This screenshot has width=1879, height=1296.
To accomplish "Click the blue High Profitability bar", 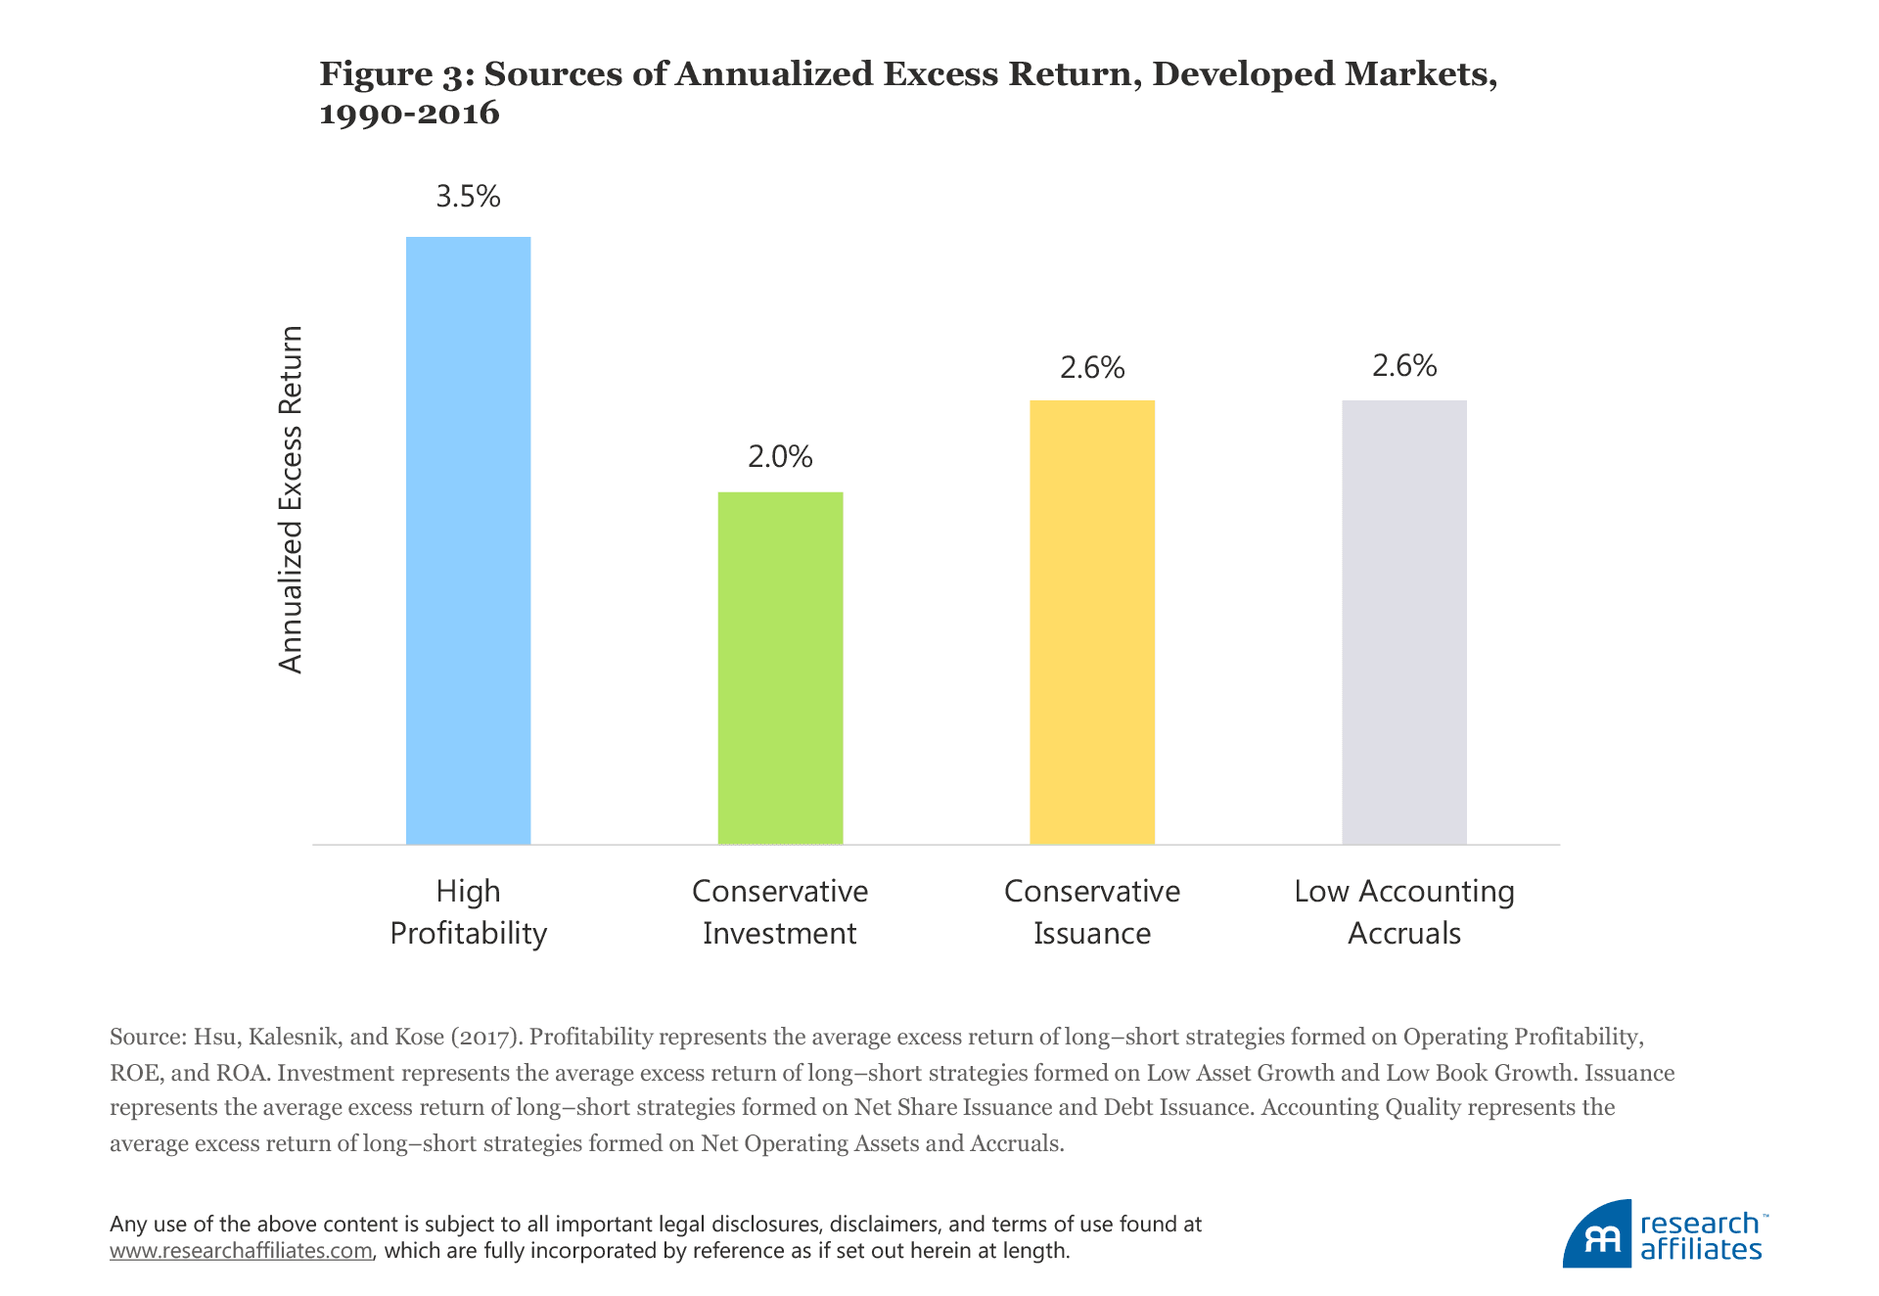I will coord(468,540).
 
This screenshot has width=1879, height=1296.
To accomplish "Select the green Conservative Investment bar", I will coord(780,668).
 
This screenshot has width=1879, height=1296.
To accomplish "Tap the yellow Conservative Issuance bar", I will coord(1092,622).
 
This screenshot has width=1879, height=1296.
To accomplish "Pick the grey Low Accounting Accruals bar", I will coord(1403,622).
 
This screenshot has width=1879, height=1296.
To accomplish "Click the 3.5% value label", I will coord(468,197).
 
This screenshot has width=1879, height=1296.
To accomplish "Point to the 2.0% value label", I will coord(780,457).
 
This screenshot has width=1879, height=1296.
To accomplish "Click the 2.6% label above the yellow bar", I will coord(1092,368).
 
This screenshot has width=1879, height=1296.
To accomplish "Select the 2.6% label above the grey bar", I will coord(1403,366).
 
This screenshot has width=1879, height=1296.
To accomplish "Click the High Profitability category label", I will coord(468,912).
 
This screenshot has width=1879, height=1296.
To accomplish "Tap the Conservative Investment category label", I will coord(780,912).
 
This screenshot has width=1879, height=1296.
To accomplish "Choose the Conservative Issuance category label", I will coord(1092,912).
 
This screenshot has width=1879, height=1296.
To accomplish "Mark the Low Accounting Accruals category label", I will coord(1403,912).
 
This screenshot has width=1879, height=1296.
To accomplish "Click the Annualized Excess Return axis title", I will coord(291,499).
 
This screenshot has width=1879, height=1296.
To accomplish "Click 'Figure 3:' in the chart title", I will coord(396,74).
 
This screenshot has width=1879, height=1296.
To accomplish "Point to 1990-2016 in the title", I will coord(409,114).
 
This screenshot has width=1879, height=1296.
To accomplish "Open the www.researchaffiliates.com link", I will coord(241,1251).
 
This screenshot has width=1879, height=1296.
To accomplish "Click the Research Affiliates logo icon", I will coord(1598,1235).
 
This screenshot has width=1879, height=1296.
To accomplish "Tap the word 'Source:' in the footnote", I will coord(148,1037).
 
